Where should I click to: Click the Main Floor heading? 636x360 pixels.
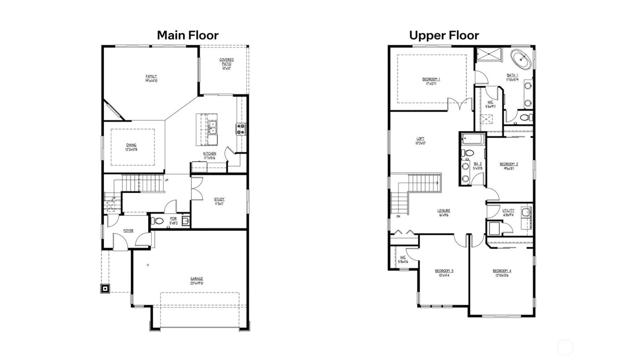(188, 35)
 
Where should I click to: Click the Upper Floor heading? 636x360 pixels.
(444, 35)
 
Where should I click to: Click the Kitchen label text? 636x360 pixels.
(209, 154)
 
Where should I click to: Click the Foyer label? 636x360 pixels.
(129, 231)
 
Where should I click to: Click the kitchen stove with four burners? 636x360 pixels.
(240, 129)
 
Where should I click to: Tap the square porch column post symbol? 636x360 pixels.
(105, 288)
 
